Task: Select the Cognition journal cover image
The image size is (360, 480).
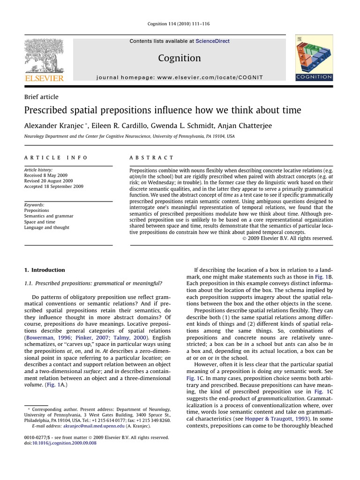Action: [x=314, y=59]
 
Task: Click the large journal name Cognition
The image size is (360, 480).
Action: [x=180, y=58]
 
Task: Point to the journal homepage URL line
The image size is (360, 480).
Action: [x=180, y=77]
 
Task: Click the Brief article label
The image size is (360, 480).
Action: [x=41, y=97]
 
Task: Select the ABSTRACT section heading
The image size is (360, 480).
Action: [x=151, y=158]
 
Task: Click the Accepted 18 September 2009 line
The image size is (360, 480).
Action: [x=53, y=186]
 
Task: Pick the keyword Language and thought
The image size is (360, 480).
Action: [x=46, y=227]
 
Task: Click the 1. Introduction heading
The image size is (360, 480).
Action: [x=44, y=270]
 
